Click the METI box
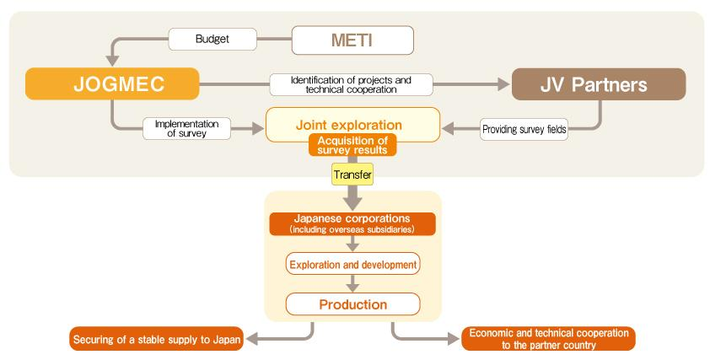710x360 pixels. (352, 40)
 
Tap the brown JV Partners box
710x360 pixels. (599, 84)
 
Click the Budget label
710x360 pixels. (210, 39)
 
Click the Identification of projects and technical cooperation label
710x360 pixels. (351, 84)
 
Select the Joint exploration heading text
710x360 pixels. (352, 124)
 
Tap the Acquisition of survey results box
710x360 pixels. (352, 144)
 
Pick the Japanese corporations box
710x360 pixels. (352, 223)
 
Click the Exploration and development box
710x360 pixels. (352, 265)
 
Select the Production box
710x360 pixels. (352, 304)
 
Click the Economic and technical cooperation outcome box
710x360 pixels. (548, 339)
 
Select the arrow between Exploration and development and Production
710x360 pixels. (352, 284)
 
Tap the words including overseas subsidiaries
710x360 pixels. (352, 228)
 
